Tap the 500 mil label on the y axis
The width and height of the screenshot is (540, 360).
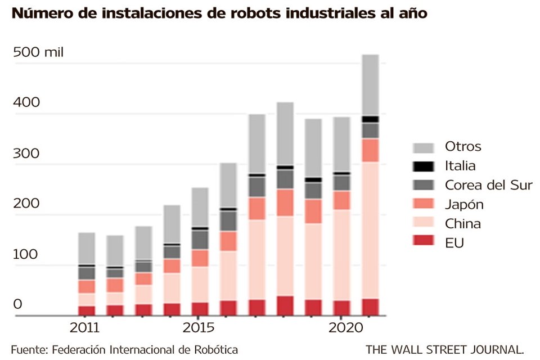39,53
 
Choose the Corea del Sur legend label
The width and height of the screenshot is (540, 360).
488,185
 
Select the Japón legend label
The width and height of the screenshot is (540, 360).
463,204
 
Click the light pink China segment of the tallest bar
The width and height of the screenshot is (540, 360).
370,231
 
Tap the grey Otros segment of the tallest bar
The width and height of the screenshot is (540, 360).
370,84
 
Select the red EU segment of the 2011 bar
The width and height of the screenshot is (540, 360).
86,310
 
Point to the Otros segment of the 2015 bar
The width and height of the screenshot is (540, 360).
200,207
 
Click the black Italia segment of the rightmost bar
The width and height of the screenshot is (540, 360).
370,119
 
